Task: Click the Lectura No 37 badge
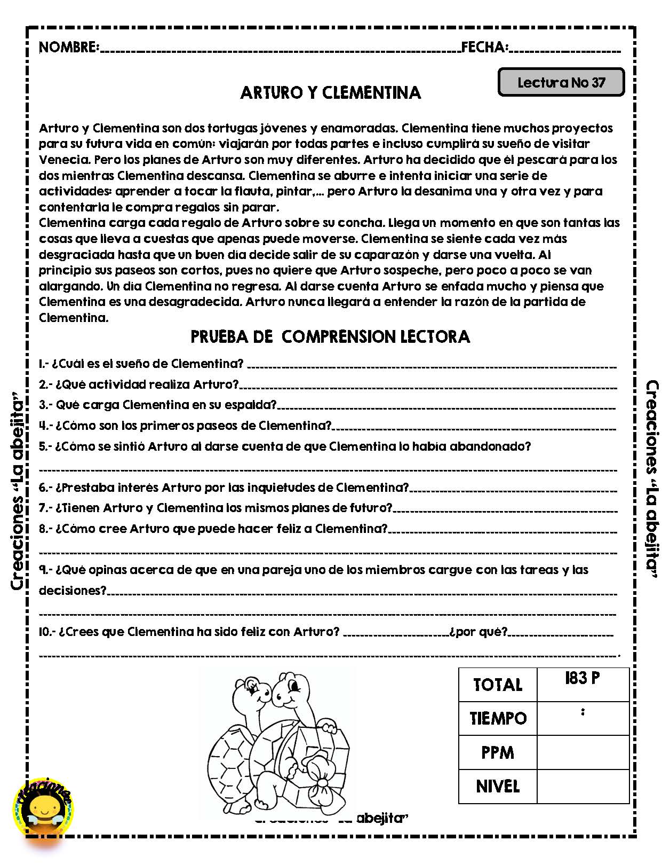[561, 83]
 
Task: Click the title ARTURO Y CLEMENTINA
[330, 93]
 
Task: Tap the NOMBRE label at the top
[68, 48]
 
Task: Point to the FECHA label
[484, 48]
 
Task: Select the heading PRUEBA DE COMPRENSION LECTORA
[330, 336]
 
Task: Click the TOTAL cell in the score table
[497, 685]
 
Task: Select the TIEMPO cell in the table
[497, 719]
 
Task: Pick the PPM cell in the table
[497, 753]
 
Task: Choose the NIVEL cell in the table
[497, 787]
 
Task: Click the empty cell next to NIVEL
[583, 787]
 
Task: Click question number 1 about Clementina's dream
[141, 364]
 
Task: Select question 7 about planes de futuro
[216, 508]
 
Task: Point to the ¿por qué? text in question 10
[478, 632]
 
